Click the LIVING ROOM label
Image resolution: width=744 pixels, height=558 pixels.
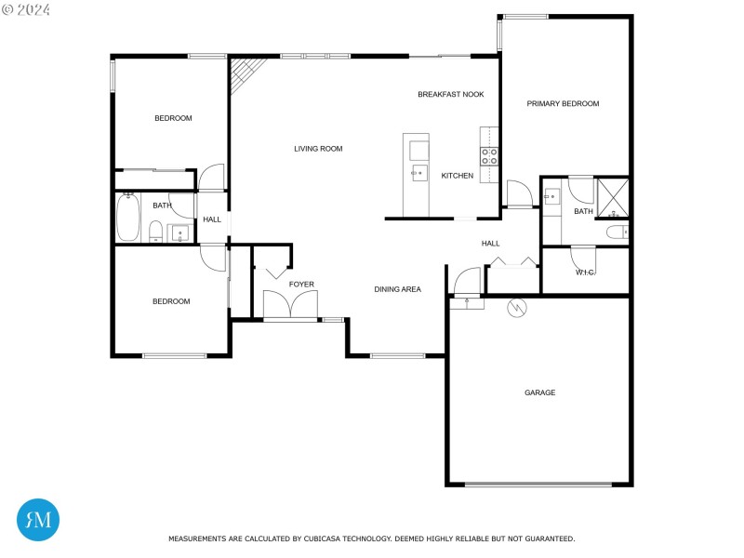[318, 149]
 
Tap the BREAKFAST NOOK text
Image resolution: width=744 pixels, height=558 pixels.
[451, 94]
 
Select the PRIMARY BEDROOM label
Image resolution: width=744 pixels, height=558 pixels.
[563, 103]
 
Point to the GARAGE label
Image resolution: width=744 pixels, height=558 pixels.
[539, 392]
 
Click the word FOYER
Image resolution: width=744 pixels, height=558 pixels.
[301, 284]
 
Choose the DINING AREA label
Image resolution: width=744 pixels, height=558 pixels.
[397, 289]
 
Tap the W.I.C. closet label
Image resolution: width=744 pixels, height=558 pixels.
[585, 272]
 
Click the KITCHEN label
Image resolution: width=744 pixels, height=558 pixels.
[457, 176]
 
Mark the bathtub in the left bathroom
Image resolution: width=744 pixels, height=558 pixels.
[127, 217]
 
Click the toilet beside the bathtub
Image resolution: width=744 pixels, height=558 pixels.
[155, 231]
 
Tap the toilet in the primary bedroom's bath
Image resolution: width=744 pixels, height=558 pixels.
[616, 232]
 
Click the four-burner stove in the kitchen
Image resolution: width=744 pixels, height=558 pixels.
[489, 156]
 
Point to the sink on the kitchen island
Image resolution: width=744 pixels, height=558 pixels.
[419, 172]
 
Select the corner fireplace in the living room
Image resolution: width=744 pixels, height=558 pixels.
[245, 72]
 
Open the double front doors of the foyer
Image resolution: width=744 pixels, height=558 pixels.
[289, 306]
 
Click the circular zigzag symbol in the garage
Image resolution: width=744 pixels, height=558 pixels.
[515, 306]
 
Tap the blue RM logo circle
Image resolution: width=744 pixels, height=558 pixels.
[38, 519]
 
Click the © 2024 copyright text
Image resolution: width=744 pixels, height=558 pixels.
[26, 9]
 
